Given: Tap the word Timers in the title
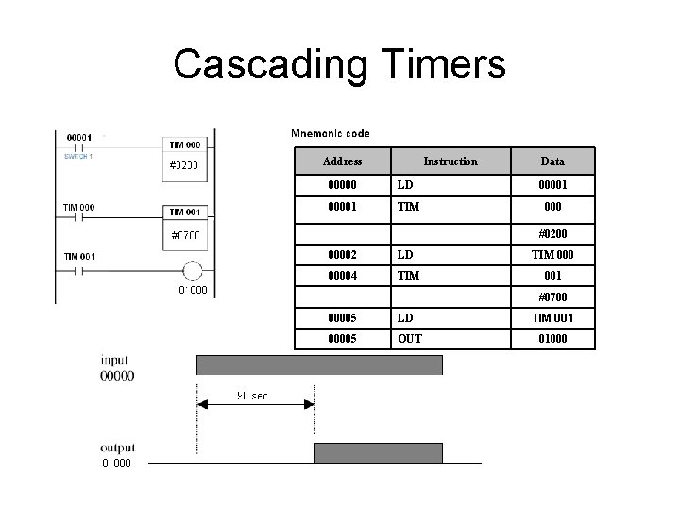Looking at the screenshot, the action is tap(443, 64).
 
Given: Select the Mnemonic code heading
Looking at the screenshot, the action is tap(331, 133).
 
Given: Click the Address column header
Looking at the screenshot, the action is tap(341, 161).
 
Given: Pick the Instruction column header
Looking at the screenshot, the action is tap(450, 161).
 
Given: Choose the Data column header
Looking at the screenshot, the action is tap(552, 161).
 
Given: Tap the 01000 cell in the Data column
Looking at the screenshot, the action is tap(552, 338).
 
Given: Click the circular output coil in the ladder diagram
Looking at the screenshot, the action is tap(192, 272).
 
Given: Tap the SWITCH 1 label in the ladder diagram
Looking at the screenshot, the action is tap(78, 157).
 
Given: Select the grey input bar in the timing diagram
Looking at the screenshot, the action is tap(319, 365).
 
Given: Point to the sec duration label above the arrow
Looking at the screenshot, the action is tap(251, 395).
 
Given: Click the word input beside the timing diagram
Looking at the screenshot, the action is tap(115, 360).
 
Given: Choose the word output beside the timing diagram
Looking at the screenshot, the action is tap(119, 448).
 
